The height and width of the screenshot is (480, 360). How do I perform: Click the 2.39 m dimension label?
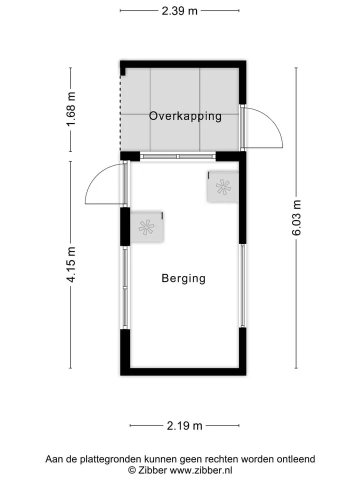(179, 11)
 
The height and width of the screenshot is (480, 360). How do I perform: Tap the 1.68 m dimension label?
(71, 109)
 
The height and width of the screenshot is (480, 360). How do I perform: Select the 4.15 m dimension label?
(71, 264)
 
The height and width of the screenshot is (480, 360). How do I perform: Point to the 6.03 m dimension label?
(296, 217)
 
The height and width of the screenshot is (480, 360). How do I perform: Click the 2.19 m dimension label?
(184, 425)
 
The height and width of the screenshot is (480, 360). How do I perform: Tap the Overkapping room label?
(185, 116)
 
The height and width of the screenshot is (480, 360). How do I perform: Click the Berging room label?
(183, 278)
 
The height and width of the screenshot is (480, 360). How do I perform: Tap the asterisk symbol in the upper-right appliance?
(223, 187)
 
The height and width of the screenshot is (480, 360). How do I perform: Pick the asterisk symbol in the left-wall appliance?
(146, 227)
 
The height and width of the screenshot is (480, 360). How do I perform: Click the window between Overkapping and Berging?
(178, 156)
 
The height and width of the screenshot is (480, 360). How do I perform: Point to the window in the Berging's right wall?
(242, 285)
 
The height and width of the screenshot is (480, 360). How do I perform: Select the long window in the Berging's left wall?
(125, 288)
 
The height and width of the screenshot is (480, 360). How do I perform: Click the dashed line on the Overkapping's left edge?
(120, 113)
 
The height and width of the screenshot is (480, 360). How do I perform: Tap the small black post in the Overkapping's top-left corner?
(123, 71)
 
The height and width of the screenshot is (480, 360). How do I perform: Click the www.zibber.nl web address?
(201, 470)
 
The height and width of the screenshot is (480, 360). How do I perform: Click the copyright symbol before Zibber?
(132, 470)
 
